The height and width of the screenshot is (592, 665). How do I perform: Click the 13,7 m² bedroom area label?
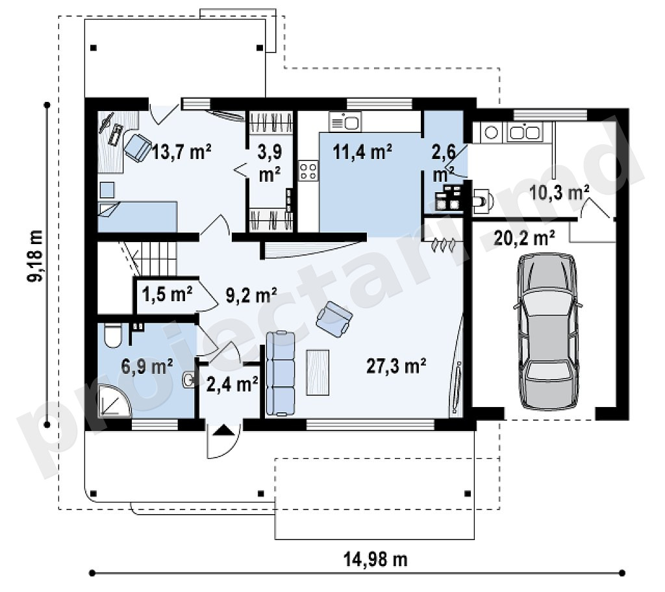point(182,151)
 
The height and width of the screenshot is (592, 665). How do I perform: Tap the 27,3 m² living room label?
point(396,365)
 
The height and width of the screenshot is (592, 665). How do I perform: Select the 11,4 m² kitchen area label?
point(362,151)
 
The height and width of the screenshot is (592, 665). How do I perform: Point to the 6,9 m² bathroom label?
point(147,366)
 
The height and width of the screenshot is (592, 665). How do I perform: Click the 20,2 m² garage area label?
point(525,238)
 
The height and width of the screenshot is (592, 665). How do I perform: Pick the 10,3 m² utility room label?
point(559,193)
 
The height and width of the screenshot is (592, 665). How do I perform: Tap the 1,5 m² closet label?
point(167,294)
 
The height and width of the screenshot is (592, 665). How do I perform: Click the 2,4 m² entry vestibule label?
point(232,384)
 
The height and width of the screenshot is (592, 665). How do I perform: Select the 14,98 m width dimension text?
point(375,560)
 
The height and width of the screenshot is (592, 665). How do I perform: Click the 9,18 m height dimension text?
point(35,256)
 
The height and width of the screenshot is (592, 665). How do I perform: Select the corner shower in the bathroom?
point(114,401)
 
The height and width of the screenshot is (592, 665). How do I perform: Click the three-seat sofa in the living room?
point(281,373)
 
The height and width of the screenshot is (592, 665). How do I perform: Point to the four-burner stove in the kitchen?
point(308,171)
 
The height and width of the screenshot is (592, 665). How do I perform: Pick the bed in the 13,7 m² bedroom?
point(138,217)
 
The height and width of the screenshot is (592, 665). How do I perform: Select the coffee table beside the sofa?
point(318,373)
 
